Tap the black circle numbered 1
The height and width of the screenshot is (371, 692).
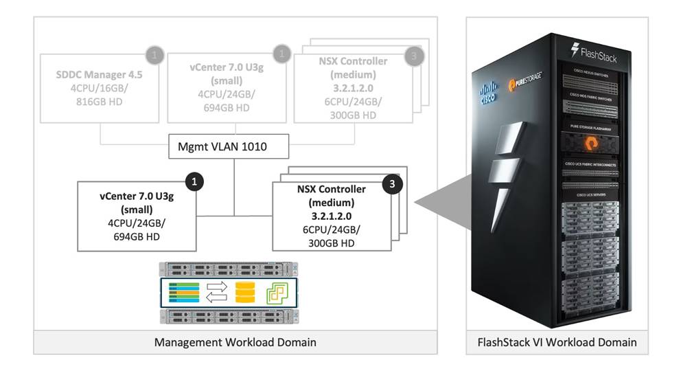point(196,181)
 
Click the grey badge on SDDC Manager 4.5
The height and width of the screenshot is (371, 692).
point(157,53)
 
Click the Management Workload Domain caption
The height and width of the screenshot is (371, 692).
point(234,341)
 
